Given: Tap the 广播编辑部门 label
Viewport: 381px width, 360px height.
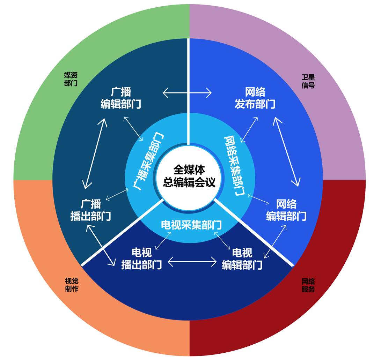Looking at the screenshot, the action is (x=121, y=98).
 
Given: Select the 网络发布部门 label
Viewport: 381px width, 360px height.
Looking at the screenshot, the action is (x=255, y=98).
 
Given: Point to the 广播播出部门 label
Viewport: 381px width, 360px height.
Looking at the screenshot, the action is (x=91, y=210).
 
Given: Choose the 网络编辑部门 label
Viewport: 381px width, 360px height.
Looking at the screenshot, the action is (x=286, y=210).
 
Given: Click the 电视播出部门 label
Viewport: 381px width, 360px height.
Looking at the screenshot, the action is (x=141, y=259).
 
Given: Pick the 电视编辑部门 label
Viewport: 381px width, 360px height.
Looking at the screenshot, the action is (x=242, y=259).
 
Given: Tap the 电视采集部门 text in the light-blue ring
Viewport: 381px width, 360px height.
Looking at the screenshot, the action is (x=191, y=225).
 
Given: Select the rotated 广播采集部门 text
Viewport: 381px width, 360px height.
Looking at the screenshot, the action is (x=149, y=162).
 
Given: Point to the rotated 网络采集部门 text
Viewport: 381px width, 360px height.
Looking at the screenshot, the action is (x=234, y=166).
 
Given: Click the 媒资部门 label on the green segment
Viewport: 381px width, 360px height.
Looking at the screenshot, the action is (x=71, y=79).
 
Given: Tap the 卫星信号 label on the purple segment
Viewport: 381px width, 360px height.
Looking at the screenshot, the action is (x=308, y=81).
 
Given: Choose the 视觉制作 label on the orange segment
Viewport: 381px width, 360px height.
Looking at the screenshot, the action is (x=72, y=285).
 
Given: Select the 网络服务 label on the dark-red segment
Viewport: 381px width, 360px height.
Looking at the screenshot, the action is (x=308, y=285).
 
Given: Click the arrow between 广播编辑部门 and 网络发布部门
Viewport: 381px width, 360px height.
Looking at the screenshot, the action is (x=187, y=93).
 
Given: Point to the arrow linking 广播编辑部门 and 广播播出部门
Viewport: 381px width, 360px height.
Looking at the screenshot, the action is (x=95, y=153).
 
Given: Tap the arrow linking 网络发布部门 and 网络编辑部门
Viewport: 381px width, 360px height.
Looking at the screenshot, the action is (x=286, y=152).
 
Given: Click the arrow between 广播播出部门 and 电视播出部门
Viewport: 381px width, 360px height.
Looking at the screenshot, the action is (x=101, y=245).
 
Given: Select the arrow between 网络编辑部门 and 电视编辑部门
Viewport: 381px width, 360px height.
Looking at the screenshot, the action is (x=275, y=241).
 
